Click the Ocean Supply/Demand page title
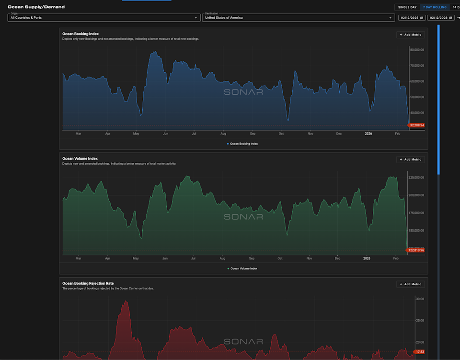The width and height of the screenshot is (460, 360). point(36,7)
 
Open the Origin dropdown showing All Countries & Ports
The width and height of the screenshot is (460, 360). point(103,18)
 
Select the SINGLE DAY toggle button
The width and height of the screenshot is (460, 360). point(407,7)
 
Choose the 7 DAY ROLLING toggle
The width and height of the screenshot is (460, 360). point(435,7)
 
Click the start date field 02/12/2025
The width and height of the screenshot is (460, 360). point(412,18)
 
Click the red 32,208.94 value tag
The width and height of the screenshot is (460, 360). point(417,125)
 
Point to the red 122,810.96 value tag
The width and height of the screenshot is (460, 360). point(416,250)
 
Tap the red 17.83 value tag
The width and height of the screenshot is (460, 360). point(419,352)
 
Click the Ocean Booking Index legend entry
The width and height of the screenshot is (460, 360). point(242,144)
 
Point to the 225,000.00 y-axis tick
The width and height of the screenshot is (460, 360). point(416,178)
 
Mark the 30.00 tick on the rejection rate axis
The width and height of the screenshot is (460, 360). point(420,299)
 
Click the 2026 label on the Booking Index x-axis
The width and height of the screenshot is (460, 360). point(368,134)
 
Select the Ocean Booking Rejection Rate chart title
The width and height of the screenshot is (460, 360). point(88,283)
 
